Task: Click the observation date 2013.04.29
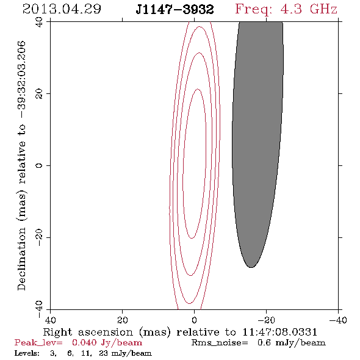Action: (62, 9)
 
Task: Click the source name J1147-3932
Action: (175, 9)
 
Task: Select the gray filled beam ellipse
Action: (257, 145)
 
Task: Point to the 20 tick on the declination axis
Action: (39, 94)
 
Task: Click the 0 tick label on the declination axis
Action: (39, 165)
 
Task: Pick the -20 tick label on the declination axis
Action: (39, 237)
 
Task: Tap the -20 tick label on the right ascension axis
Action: (266, 320)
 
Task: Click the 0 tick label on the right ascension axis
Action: (194, 320)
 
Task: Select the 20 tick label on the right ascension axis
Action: (122, 320)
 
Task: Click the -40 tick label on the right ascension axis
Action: (338, 320)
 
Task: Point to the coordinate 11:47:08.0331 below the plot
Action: (279, 332)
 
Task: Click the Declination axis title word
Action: (21, 259)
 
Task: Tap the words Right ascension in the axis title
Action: (88, 332)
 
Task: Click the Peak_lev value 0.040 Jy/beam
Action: (107, 342)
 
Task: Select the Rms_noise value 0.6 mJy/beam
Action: (292, 342)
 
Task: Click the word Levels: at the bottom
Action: (27, 353)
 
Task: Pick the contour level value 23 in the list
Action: (103, 353)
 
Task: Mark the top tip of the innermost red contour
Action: (198, 89)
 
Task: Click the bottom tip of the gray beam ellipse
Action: (251, 267)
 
